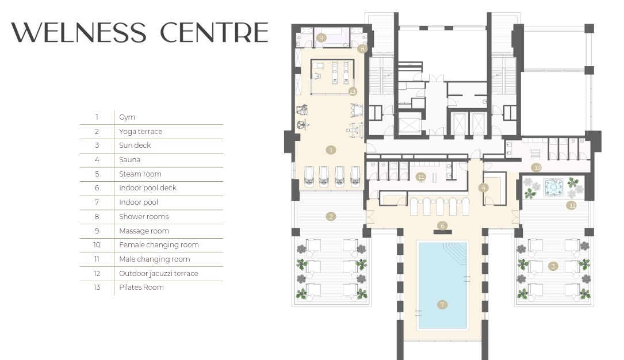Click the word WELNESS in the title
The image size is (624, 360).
click(79, 33)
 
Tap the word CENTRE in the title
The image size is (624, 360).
click(214, 33)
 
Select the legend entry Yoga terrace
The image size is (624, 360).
click(140, 132)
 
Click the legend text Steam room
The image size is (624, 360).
click(140, 174)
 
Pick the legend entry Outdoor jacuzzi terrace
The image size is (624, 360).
click(158, 274)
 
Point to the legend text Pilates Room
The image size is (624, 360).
click(141, 287)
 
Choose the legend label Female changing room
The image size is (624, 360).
click(159, 245)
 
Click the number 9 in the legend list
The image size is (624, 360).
click(97, 231)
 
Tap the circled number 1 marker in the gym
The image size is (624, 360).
click(331, 150)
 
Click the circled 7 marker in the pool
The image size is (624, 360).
click(442, 305)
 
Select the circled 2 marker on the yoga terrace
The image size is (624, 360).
click(331, 216)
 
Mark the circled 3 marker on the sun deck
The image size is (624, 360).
click(553, 266)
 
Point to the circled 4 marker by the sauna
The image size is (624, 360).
click(484, 187)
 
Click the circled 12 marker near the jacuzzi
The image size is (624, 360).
click(572, 205)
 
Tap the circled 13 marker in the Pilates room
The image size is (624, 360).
click(353, 91)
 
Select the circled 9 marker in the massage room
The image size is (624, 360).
click(321, 38)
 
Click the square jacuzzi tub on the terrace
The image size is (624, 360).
click(554, 187)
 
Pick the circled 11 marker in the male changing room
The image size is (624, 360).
click(421, 177)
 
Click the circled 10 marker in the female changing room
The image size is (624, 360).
click(537, 167)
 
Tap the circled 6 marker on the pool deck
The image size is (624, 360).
click(442, 225)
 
